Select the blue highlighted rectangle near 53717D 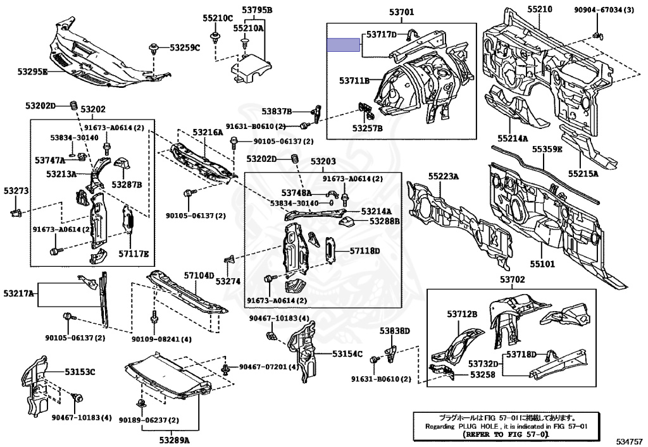(343, 45)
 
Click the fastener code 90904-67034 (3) (604, 10)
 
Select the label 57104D (199, 276)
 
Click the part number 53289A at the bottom (175, 439)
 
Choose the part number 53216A (208, 133)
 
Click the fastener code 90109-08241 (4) (161, 340)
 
